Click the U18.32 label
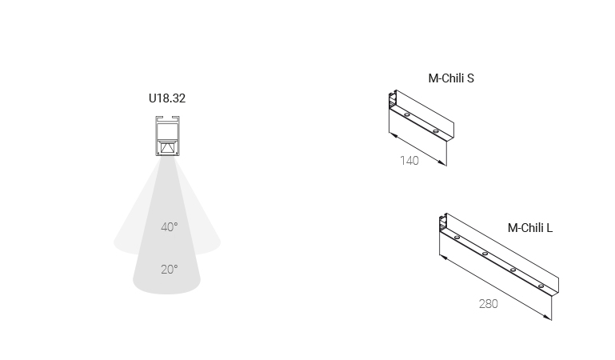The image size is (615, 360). tap(167, 98)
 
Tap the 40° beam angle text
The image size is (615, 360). tap(170, 227)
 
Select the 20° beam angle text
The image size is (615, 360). tap(170, 270)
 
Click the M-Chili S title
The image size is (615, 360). tap(451, 78)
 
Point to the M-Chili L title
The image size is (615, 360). tap(530, 228)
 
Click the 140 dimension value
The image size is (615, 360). tap(409, 161)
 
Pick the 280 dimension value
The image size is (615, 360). tap(489, 304)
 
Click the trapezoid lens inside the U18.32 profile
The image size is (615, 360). tap(168, 148)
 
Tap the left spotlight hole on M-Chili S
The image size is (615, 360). tap(407, 115)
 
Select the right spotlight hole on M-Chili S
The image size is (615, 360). tap(435, 131)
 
